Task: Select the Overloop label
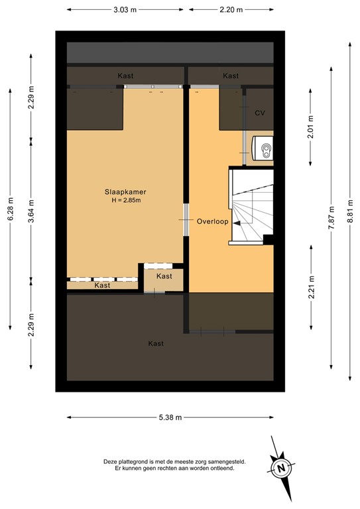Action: (x=212, y=221)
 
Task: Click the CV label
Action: (x=260, y=113)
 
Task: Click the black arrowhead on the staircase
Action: (x=236, y=223)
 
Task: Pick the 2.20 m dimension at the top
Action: (x=231, y=10)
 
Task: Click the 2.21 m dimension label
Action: (x=310, y=290)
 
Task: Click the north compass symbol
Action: (x=281, y=468)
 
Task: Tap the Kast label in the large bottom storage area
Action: (x=156, y=343)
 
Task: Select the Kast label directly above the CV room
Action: (x=231, y=76)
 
